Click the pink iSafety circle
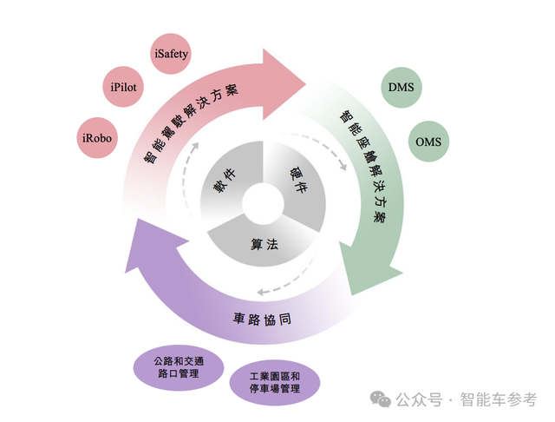click(170, 54)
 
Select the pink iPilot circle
click(126, 88)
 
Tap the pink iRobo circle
click(97, 137)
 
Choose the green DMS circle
click(400, 87)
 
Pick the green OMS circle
click(431, 141)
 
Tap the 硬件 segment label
click(297, 181)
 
